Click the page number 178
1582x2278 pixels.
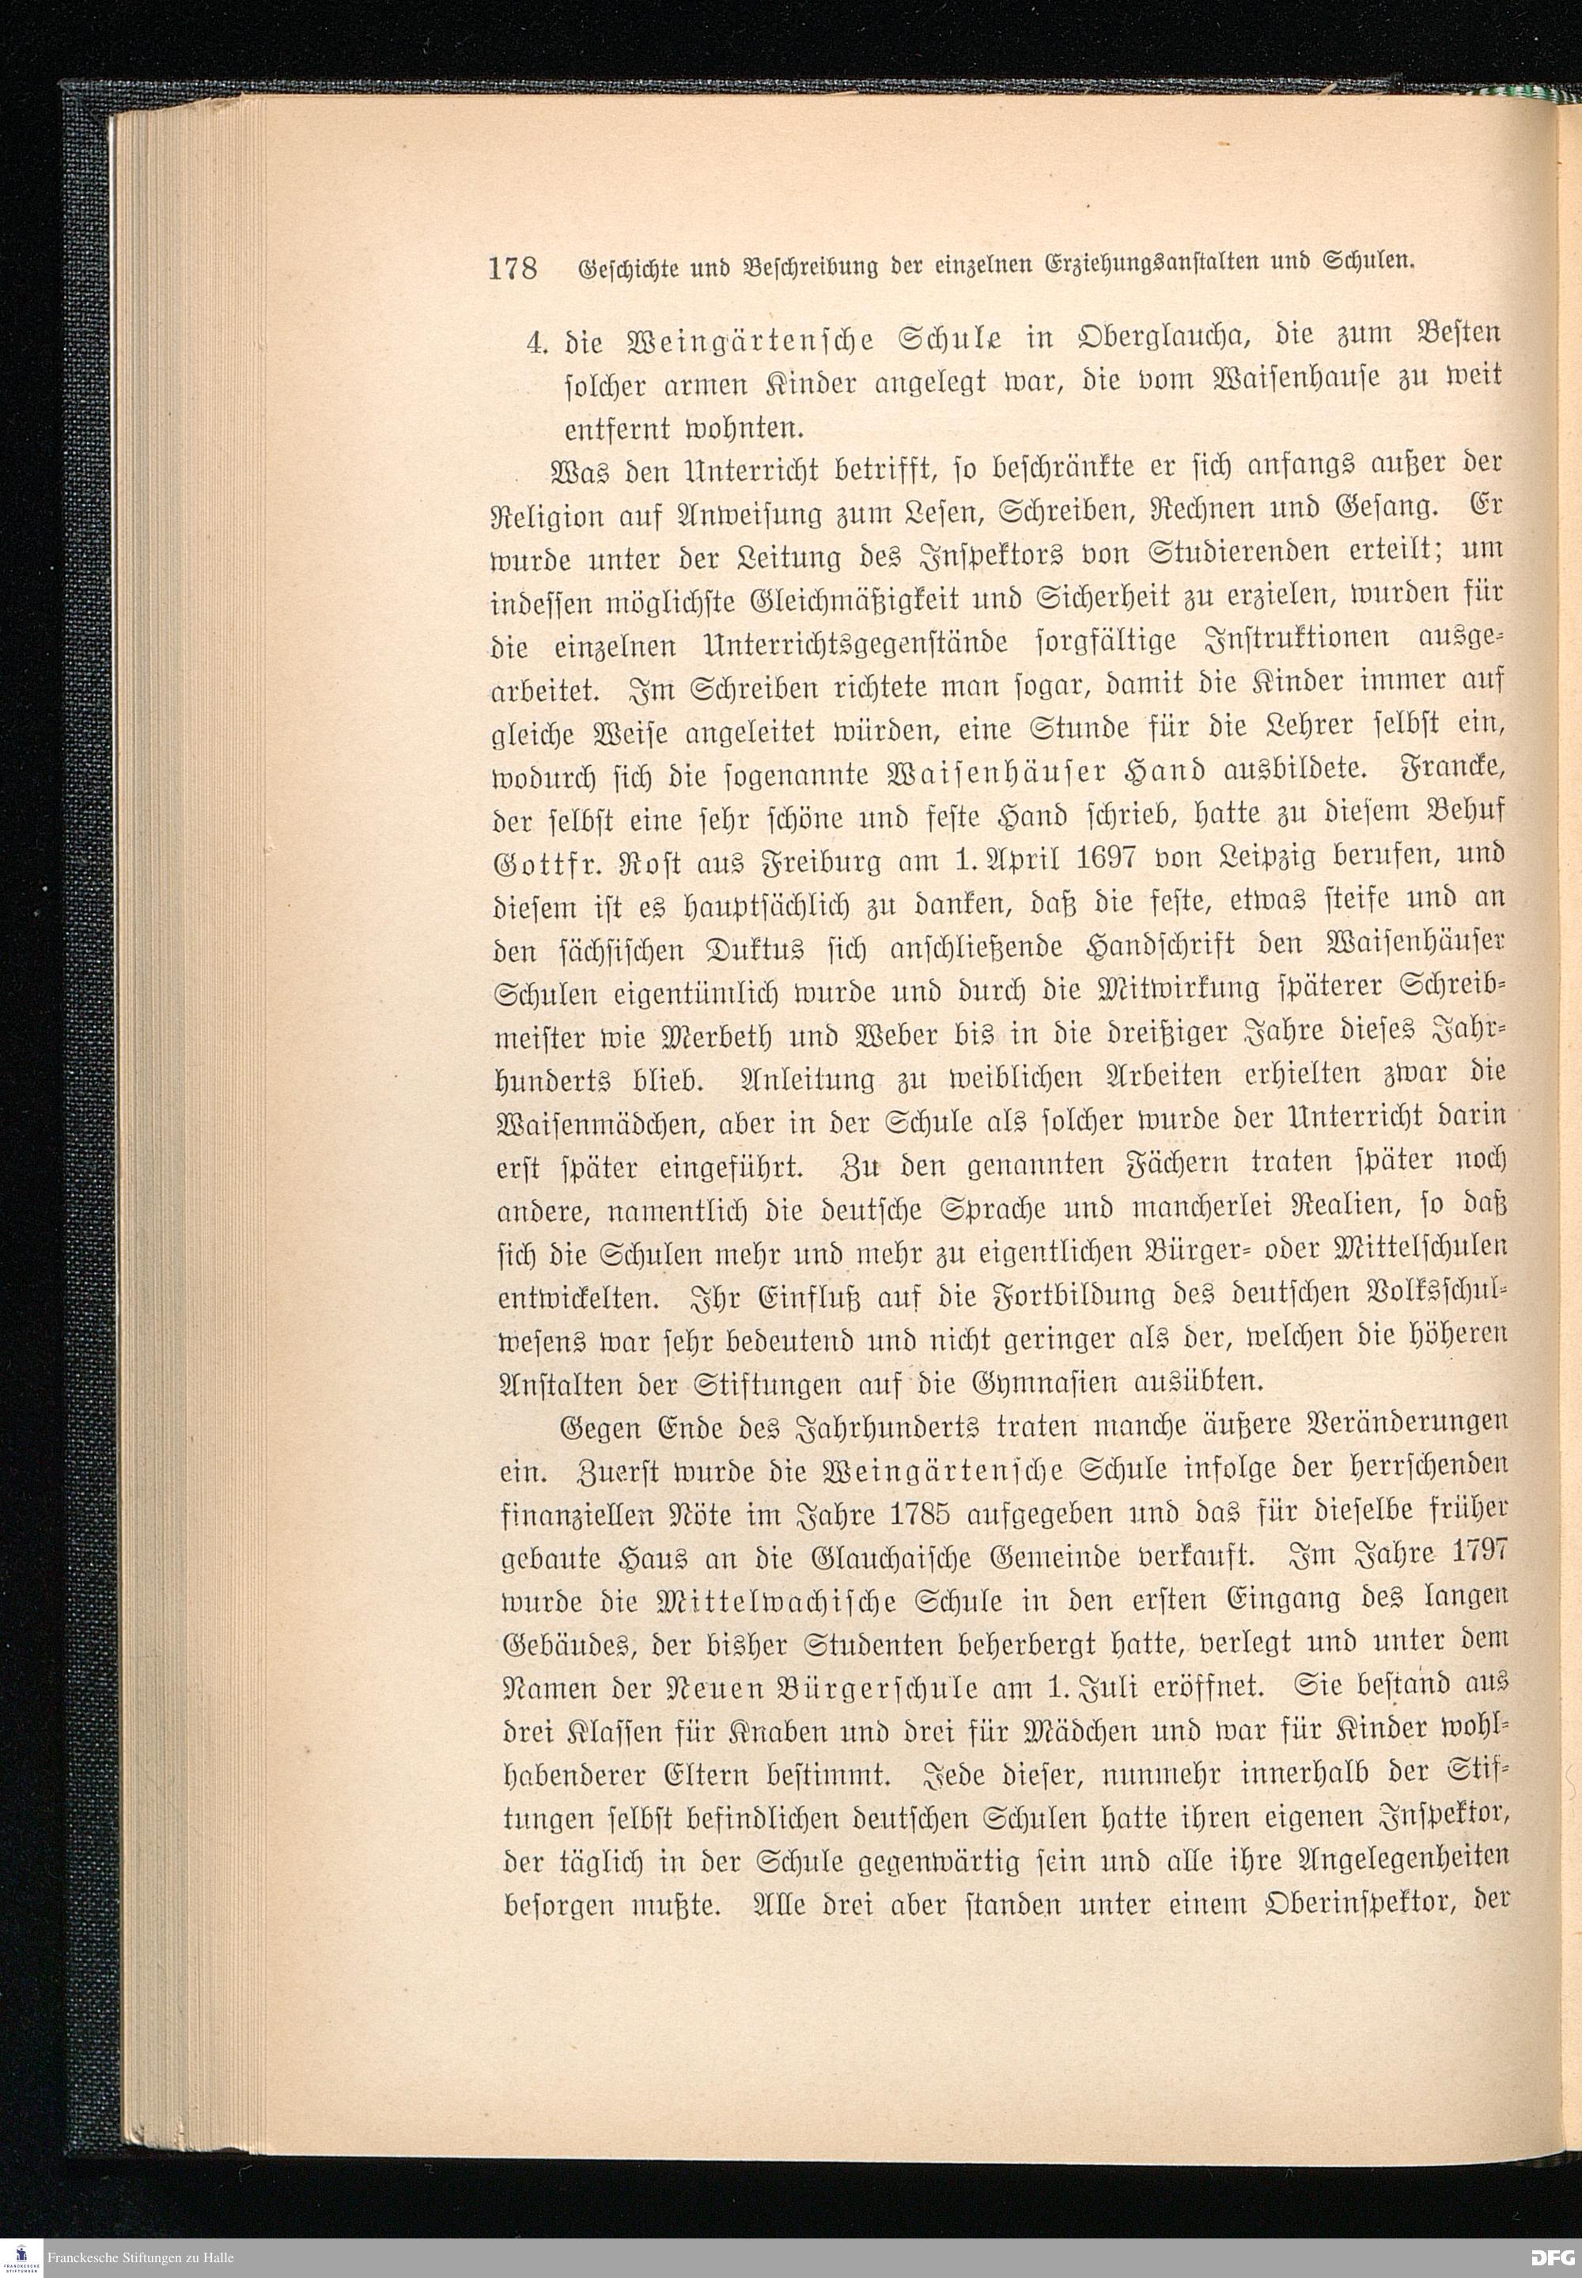click(x=512, y=267)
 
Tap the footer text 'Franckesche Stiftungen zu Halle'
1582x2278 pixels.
click(x=140, y=2258)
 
